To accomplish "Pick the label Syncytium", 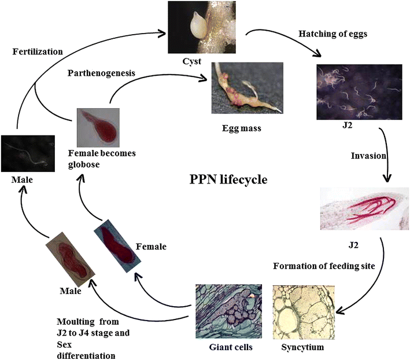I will [301, 348].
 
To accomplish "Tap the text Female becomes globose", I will [97, 158].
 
